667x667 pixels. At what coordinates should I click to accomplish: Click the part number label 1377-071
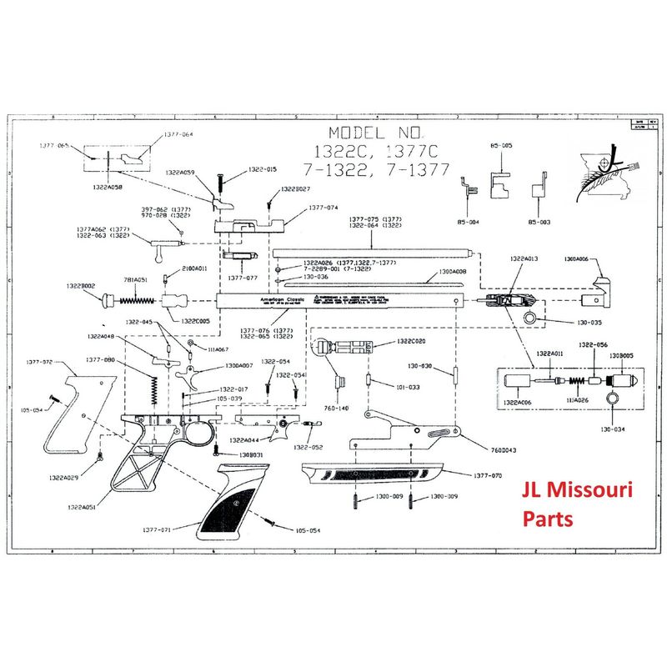point(157,530)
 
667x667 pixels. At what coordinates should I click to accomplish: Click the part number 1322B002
point(82,285)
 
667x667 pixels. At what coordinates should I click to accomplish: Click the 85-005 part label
point(501,145)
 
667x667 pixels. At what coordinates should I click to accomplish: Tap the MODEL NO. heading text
point(377,133)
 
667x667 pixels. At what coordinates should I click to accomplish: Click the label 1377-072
point(41,362)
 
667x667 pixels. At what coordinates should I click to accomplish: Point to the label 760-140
point(338,409)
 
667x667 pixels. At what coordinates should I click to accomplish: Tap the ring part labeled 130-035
point(530,320)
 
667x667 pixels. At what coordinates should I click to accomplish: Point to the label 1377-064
point(178,134)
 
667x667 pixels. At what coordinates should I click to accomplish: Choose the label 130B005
point(621,354)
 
